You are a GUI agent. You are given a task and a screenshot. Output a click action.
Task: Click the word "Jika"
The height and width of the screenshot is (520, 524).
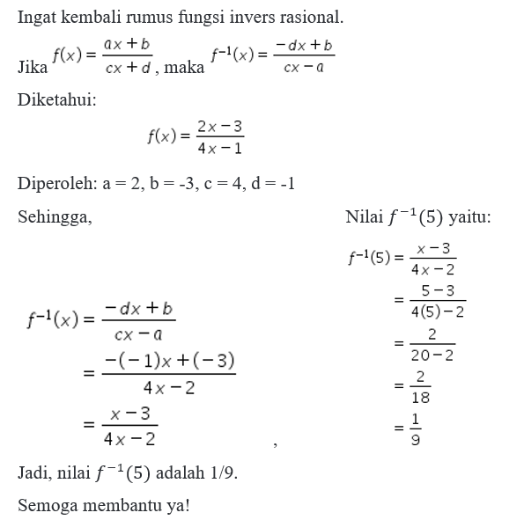pyautogui.click(x=33, y=68)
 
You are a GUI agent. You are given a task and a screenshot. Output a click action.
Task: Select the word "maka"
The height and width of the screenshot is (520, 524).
pyautogui.click(x=184, y=68)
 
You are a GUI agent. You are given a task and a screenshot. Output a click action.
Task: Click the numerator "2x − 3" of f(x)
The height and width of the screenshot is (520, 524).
pyautogui.click(x=220, y=128)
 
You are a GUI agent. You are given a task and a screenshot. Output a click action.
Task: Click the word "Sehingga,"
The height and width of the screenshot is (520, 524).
pyautogui.click(x=55, y=216)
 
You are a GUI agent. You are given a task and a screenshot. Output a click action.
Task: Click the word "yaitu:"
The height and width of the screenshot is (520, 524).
pyautogui.click(x=470, y=216)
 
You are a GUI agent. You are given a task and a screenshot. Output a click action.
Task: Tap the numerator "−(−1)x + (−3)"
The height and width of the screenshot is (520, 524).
pyautogui.click(x=169, y=362)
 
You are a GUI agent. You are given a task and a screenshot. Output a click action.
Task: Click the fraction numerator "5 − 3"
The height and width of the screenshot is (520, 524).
pyautogui.click(x=438, y=290)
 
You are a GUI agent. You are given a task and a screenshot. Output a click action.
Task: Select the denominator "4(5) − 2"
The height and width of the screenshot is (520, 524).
pyautogui.click(x=438, y=311)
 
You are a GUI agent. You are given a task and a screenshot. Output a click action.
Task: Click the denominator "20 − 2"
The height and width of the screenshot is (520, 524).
pyautogui.click(x=432, y=355)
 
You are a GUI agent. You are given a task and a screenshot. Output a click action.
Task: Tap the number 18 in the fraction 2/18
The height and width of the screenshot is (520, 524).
pyautogui.click(x=421, y=397)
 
